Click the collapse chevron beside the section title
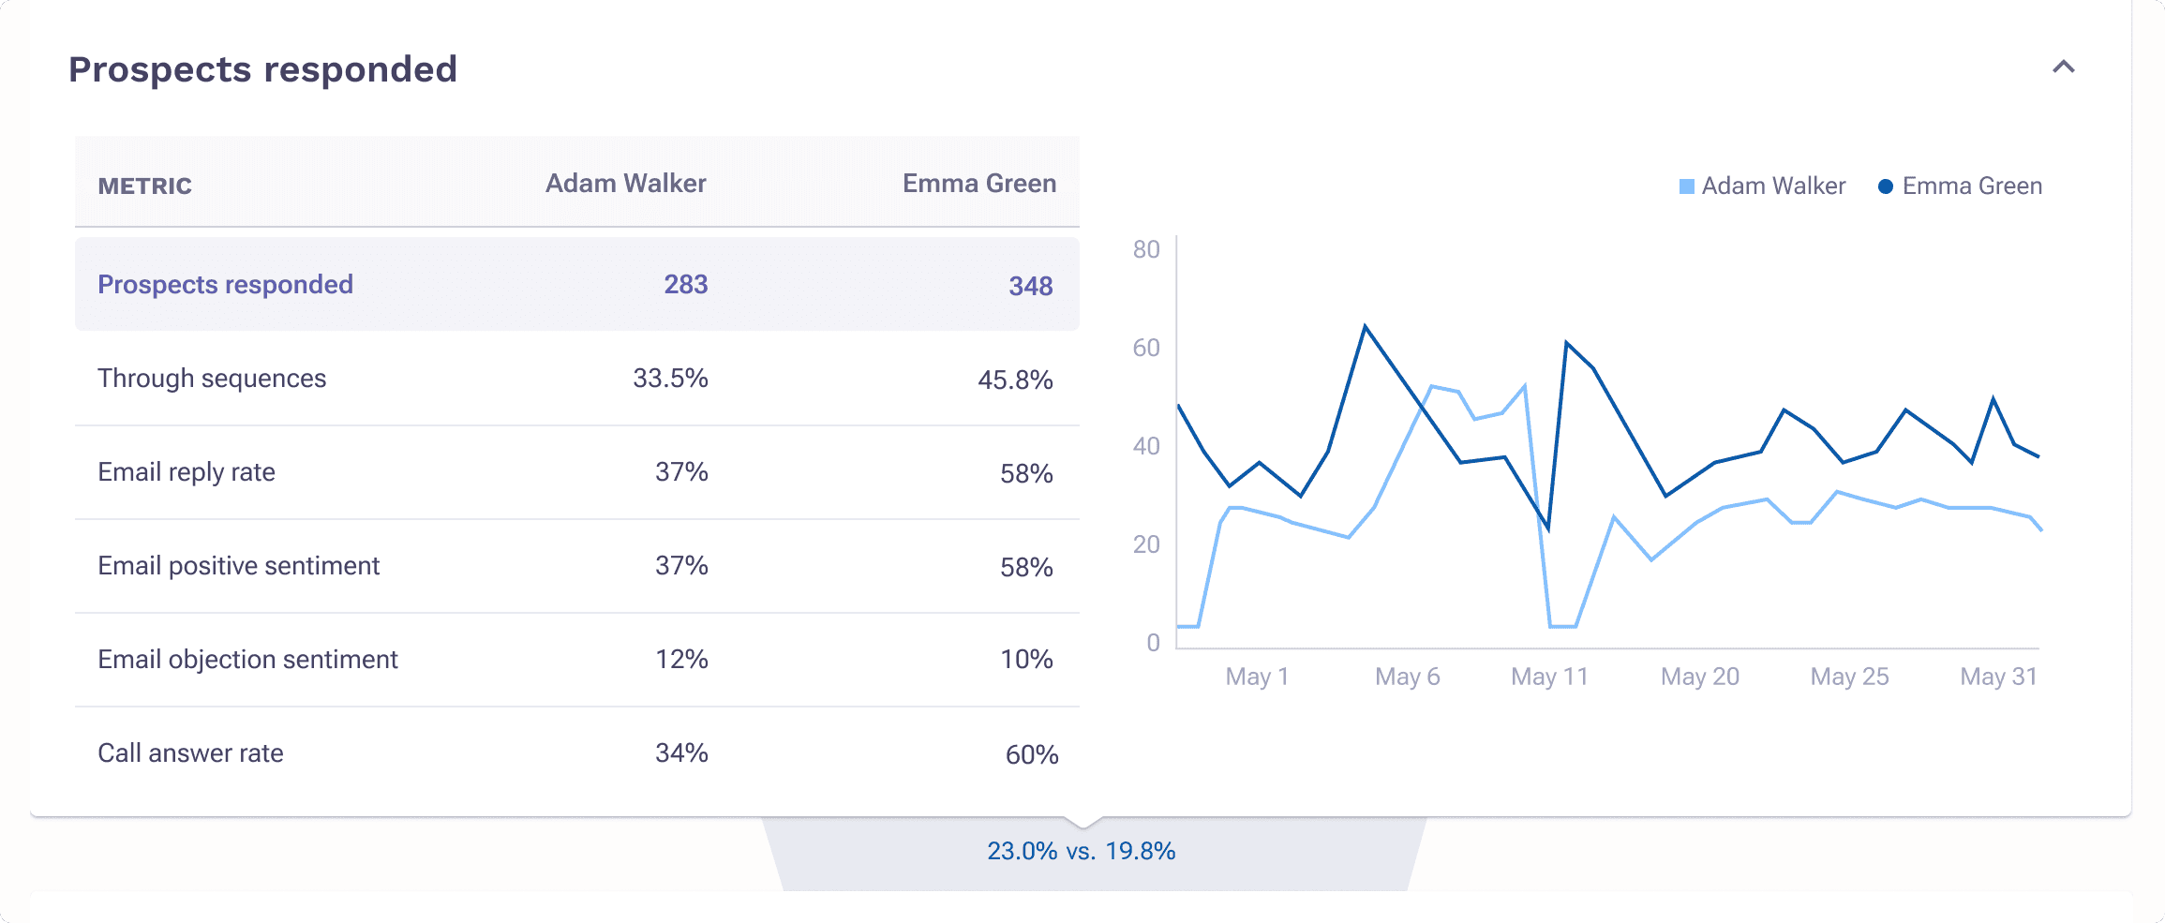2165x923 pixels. coord(2063,67)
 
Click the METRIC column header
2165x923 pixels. coord(144,186)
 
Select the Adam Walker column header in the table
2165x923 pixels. coord(625,184)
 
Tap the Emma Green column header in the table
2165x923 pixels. coord(978,184)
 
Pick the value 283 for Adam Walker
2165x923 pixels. coord(685,285)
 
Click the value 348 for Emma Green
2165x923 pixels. coord(1030,286)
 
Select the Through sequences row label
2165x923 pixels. coord(212,379)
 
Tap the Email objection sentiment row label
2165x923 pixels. coord(247,660)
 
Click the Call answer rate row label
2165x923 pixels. coord(190,753)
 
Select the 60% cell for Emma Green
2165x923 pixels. coord(1031,754)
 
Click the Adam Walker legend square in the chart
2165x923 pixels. coord(1686,186)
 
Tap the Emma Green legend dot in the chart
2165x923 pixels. coord(1886,186)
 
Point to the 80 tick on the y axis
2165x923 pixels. coord(1145,249)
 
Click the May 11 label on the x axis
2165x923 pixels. coord(1549,677)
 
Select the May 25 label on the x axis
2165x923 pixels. coord(1848,677)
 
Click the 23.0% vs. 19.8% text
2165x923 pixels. coord(1081,851)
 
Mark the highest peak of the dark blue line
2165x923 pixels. coord(1365,326)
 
